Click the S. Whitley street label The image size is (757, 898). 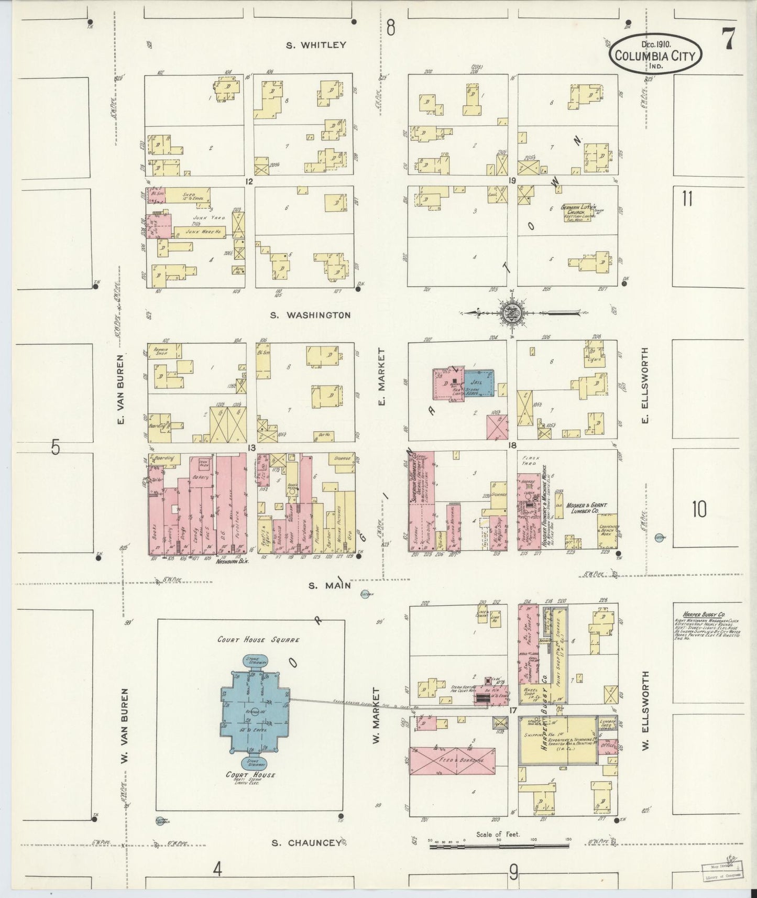coord(316,45)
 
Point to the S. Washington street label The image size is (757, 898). coord(311,315)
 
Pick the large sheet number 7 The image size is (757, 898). coord(727,39)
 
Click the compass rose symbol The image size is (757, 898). coord(510,313)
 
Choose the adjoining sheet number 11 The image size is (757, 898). coord(687,199)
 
